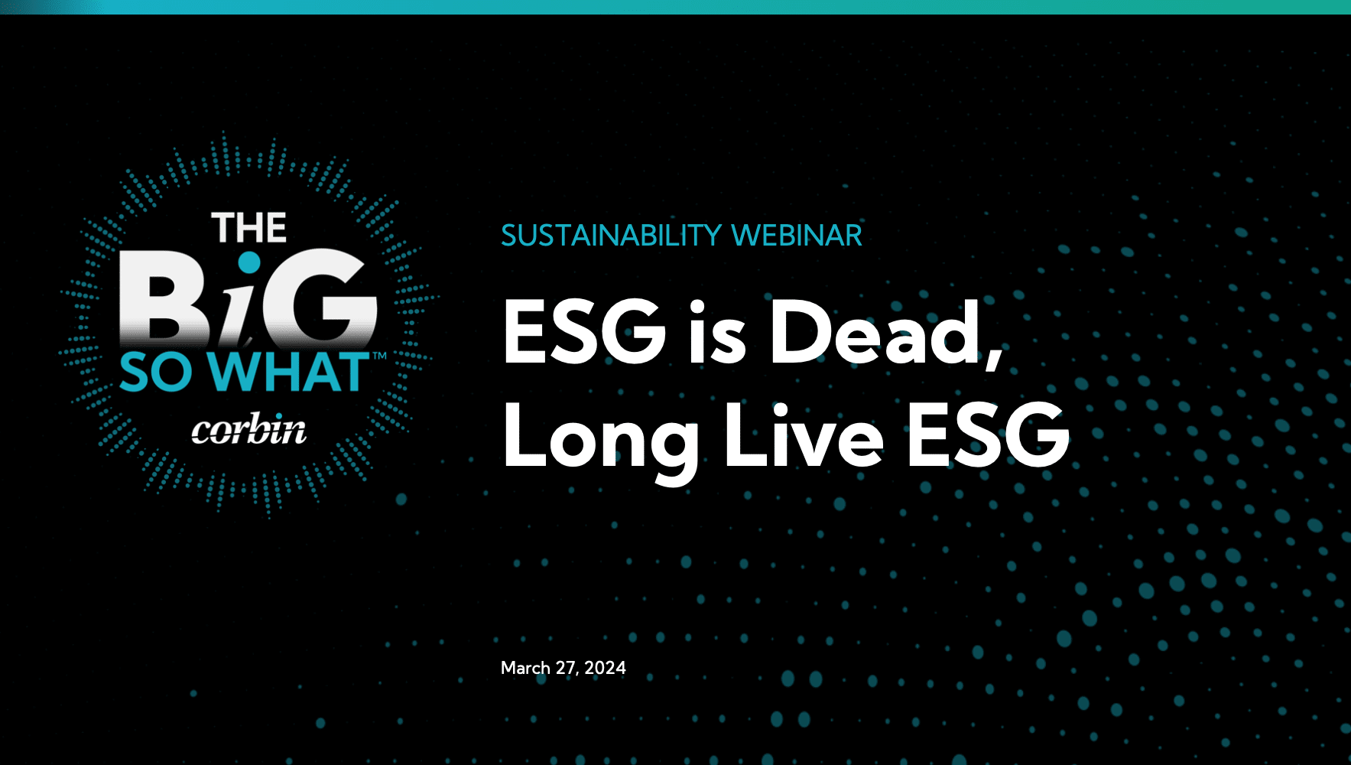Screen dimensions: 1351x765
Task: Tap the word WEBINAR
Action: [x=797, y=236]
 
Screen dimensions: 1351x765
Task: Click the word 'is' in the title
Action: [x=716, y=333]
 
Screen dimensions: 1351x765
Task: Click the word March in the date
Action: [x=525, y=668]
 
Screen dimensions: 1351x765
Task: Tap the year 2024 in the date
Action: [x=605, y=668]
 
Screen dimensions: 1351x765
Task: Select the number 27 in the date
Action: [x=567, y=669]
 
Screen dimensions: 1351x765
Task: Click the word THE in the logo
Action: [x=249, y=229]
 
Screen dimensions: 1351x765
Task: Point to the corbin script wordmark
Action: [x=249, y=430]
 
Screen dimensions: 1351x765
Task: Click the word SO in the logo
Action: [x=156, y=373]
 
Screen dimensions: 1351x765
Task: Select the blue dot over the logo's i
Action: [x=249, y=263]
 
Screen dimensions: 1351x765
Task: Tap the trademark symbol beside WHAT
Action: [x=379, y=356]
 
